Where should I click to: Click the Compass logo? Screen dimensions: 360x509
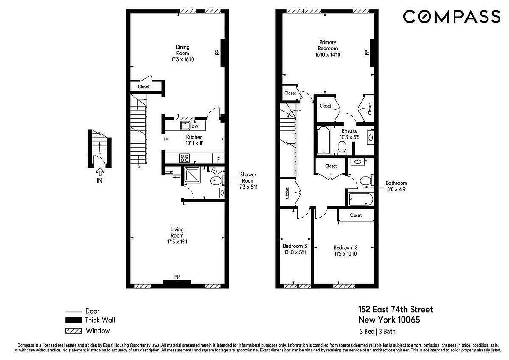(451, 17)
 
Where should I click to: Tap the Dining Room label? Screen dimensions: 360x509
(182, 50)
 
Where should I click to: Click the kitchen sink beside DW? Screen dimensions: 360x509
(185, 126)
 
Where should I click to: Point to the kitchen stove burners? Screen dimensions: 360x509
(184, 158)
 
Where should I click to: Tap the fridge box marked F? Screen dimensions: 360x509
(219, 158)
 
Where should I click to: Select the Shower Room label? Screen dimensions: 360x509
(248, 177)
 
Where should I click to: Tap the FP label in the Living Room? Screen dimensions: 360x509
(177, 277)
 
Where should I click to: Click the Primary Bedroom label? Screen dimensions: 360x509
(327, 45)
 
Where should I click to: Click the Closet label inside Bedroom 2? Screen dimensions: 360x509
(355, 216)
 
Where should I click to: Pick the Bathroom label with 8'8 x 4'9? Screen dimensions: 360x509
(396, 186)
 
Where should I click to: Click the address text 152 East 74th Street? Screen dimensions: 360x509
(395, 310)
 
